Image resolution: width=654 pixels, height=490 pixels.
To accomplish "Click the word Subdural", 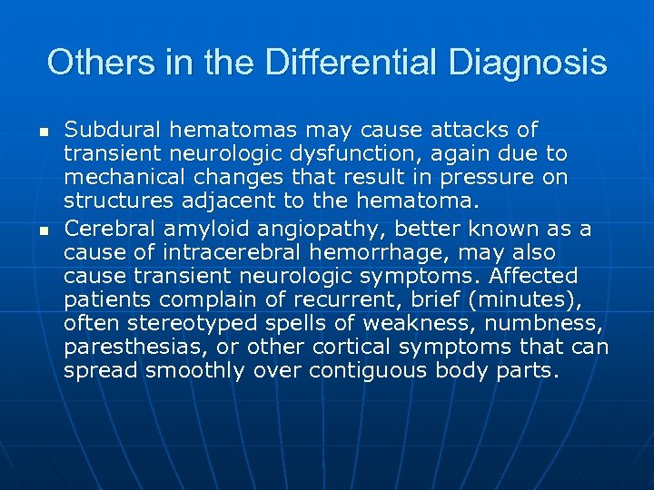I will point(111,130).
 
